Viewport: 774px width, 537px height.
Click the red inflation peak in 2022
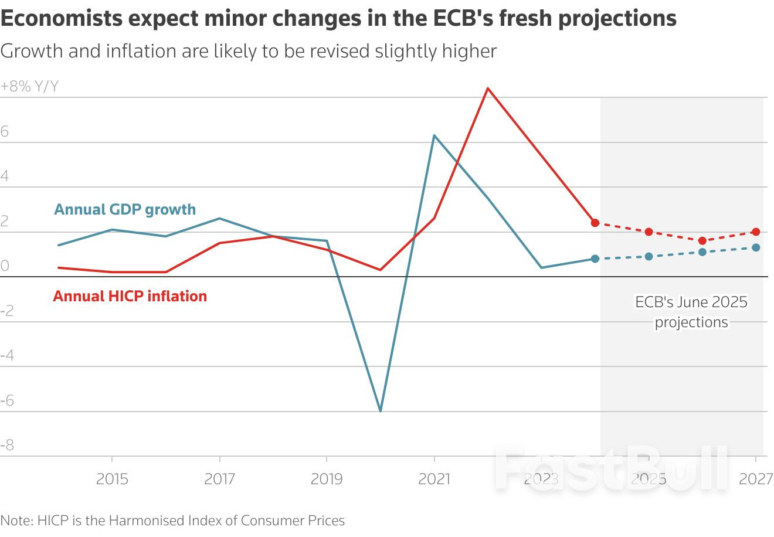click(x=488, y=89)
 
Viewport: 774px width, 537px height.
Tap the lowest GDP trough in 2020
click(x=381, y=410)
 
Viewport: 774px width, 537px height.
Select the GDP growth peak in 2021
click(x=434, y=135)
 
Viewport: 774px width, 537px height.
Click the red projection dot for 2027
click(x=756, y=232)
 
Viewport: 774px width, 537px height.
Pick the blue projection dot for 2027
click(x=756, y=247)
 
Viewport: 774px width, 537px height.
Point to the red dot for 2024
click(x=595, y=223)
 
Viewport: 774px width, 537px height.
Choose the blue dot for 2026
click(x=702, y=252)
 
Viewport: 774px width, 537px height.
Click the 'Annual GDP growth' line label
click(x=125, y=209)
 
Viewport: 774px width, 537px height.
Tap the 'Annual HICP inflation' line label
click(x=130, y=296)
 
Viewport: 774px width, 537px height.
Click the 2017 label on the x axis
click(x=219, y=479)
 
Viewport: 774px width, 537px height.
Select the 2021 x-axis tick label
click(x=434, y=479)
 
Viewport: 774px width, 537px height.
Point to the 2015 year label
click(x=112, y=479)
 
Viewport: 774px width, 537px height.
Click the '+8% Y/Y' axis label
click(x=29, y=87)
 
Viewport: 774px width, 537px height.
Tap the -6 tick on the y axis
click(x=7, y=401)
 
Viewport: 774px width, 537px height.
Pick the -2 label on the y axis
click(x=7, y=311)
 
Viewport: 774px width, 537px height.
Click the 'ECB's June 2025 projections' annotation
click(x=691, y=312)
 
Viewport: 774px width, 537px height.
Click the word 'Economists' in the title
click(x=61, y=19)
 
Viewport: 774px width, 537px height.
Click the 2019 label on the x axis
click(x=327, y=479)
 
